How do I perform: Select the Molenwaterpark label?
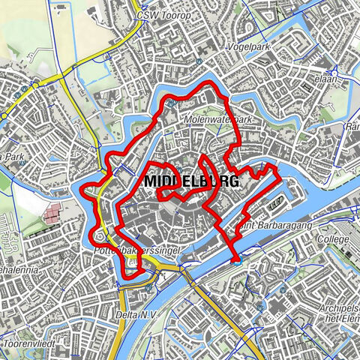point(217,119)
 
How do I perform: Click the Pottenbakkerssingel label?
point(128,246)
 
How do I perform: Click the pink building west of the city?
point(52,214)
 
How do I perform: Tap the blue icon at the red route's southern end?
point(238,262)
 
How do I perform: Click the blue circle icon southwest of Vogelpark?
point(199,61)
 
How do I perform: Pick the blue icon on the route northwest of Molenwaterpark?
point(171,104)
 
